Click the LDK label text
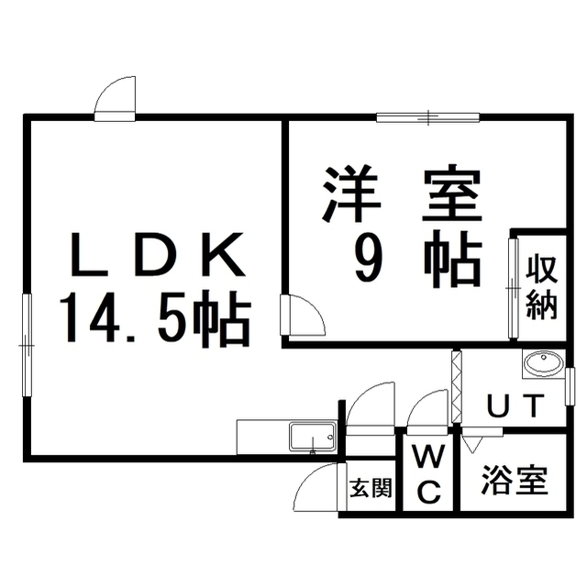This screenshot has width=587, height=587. pyautogui.click(x=157, y=254)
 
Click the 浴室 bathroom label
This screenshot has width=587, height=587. pyautogui.click(x=515, y=480)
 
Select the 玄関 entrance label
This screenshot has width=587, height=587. pyautogui.click(x=371, y=488)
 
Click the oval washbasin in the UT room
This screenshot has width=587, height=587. pyautogui.click(x=544, y=363)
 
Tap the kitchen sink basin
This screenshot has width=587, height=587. pyautogui.click(x=313, y=437)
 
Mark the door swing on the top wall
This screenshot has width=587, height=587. pyautogui.click(x=115, y=98)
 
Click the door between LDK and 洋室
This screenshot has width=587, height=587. pyautogui.click(x=303, y=315)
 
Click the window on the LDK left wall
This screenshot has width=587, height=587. pyautogui.click(x=27, y=345)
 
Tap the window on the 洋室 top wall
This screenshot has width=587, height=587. pyautogui.click(x=428, y=117)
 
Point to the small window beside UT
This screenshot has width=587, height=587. pyautogui.click(x=570, y=386)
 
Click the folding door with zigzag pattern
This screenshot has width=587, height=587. pyautogui.click(x=457, y=386)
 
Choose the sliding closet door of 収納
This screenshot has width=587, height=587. pyautogui.click(x=513, y=288)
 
